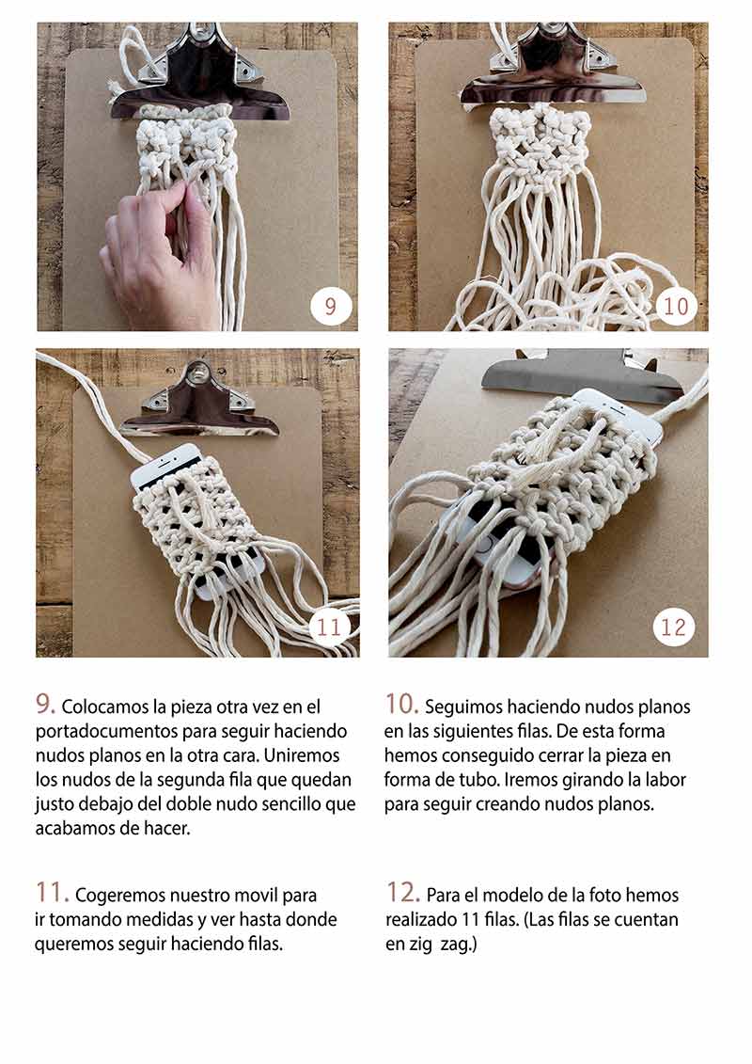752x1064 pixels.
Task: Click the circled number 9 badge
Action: pyautogui.click(x=331, y=306)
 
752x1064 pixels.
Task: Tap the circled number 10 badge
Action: pyautogui.click(x=676, y=306)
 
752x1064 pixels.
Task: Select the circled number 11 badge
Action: pyautogui.click(x=330, y=626)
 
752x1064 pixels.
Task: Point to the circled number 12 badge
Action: pyautogui.click(x=673, y=627)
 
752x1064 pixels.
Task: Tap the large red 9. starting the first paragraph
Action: pyautogui.click(x=45, y=705)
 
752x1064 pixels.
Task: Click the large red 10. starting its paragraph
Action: pyautogui.click(x=401, y=705)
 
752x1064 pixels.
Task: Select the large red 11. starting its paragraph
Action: pyautogui.click(x=53, y=893)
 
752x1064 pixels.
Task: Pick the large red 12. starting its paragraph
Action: pyautogui.click(x=402, y=893)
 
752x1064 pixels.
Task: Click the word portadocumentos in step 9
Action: pyautogui.click(x=106, y=732)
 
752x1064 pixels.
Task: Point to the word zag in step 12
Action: pyautogui.click(x=458, y=945)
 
